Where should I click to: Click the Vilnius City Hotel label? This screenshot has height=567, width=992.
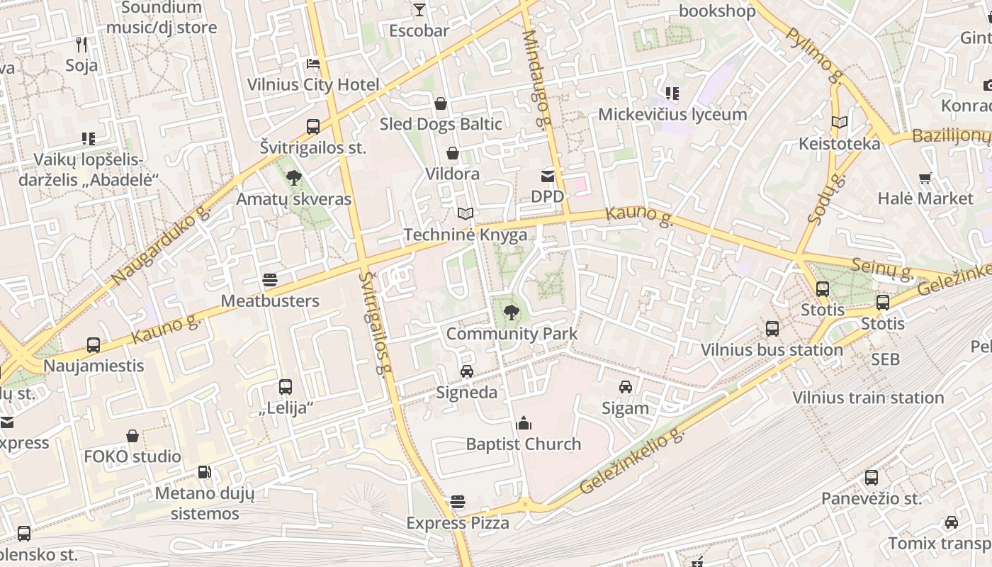313,85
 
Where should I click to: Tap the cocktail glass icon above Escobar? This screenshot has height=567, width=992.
419,10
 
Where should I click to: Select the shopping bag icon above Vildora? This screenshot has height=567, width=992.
452,153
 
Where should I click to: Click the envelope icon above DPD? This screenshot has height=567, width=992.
548,176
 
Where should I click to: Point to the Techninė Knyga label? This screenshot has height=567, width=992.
465,235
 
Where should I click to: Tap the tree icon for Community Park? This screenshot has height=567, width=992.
510,312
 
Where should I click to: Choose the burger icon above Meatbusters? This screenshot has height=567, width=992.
269,280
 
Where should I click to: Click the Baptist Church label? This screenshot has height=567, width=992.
523,444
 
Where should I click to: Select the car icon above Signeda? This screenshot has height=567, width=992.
466,371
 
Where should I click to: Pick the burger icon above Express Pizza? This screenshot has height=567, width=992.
458,503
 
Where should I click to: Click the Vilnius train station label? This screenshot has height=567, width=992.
868,398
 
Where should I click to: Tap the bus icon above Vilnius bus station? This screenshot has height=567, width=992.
772,329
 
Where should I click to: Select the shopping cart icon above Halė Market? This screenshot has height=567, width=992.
925,178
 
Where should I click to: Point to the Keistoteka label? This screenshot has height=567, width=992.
839,144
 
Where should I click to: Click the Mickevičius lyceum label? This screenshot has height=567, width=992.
672,114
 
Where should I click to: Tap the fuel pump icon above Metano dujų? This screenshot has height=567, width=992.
204,471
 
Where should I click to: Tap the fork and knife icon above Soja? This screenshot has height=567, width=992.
81,45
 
